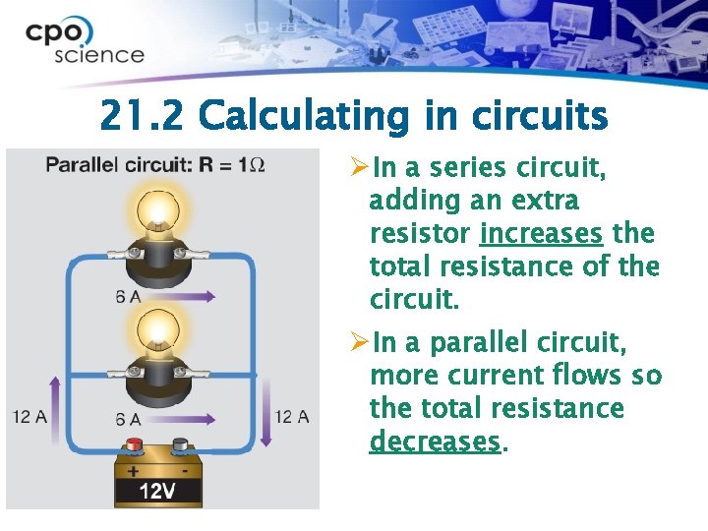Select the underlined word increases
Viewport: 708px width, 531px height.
tap(540, 234)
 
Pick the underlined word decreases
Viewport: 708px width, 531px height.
tap(435, 442)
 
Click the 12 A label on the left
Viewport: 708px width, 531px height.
tap(30, 417)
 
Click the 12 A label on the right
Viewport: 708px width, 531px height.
tap(291, 417)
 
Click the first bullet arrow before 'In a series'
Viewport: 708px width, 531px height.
tap(359, 168)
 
